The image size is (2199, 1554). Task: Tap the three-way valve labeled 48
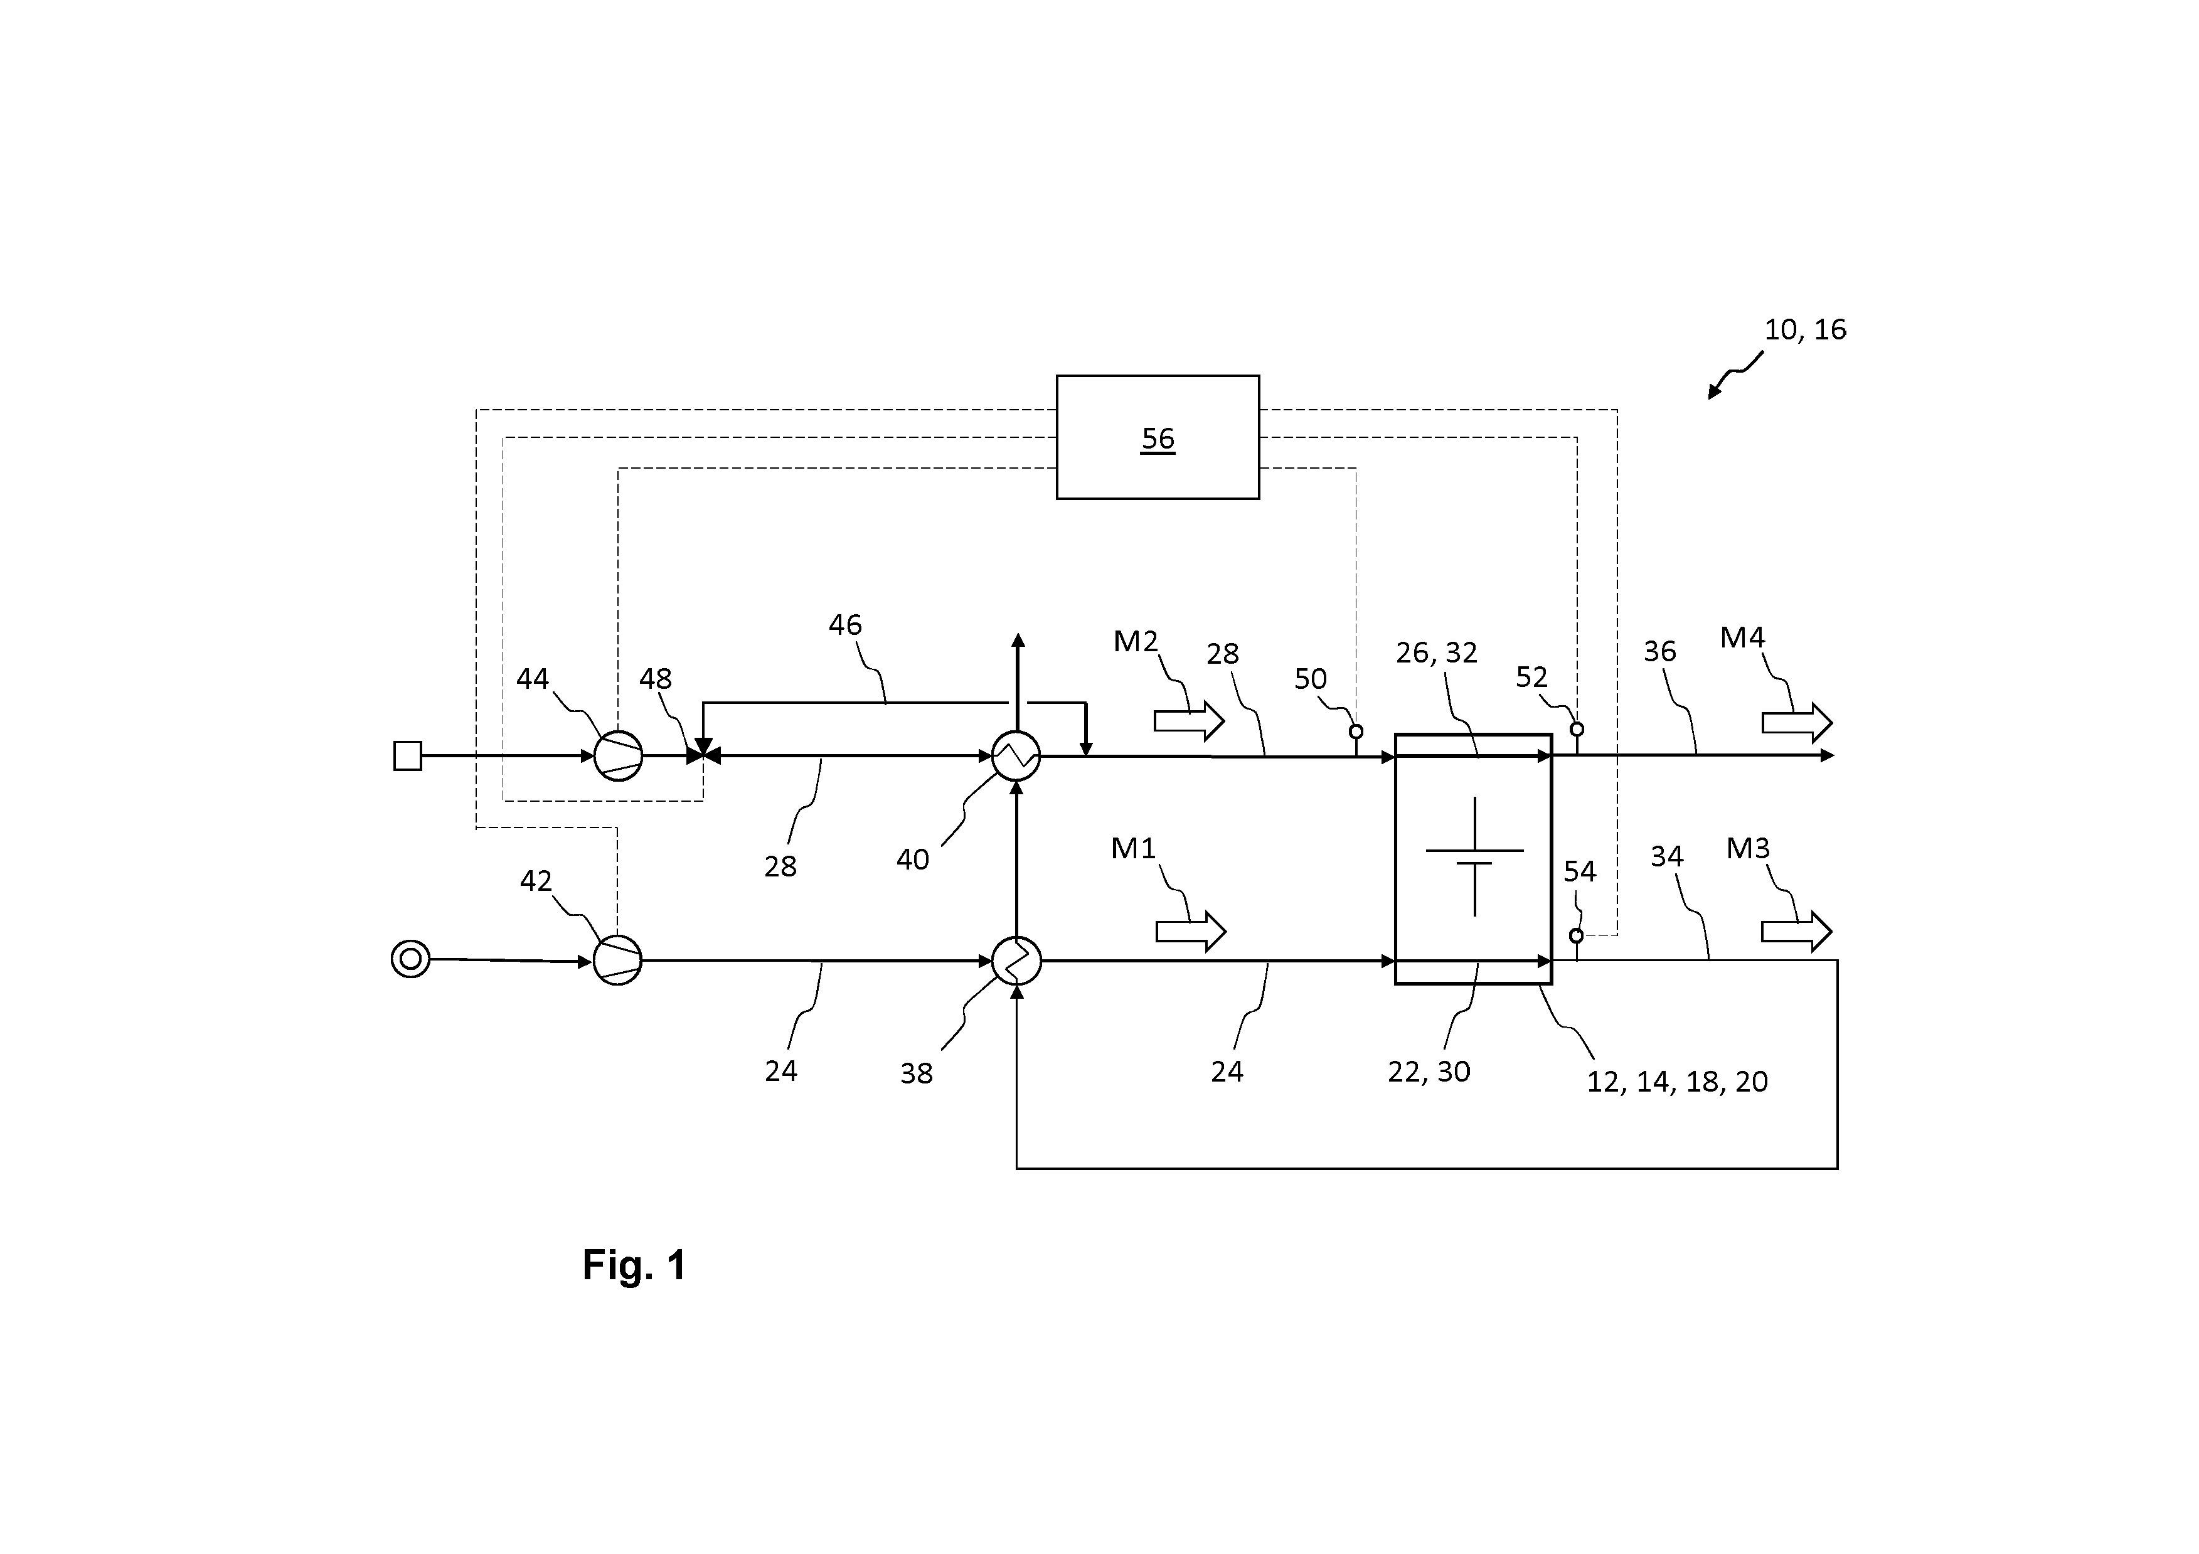click(704, 755)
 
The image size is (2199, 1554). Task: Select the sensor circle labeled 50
click(1356, 732)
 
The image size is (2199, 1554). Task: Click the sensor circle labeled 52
click(1577, 730)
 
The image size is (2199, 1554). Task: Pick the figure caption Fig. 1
click(634, 1265)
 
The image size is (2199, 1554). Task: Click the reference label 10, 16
click(1806, 329)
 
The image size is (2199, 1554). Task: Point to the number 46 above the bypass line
click(844, 625)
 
